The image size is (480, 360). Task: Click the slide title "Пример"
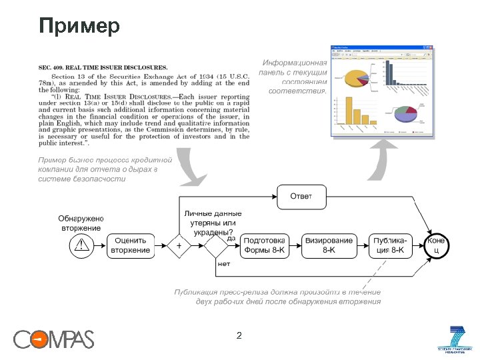point(79,27)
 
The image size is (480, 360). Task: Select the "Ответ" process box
point(300,195)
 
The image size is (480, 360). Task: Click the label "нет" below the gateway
point(224,264)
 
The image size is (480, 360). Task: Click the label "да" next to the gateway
point(231,238)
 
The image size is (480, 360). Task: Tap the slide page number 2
point(239,336)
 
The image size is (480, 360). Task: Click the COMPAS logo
point(54,339)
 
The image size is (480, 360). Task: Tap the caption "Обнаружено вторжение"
point(80,223)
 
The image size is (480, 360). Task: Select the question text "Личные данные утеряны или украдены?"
point(213,223)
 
